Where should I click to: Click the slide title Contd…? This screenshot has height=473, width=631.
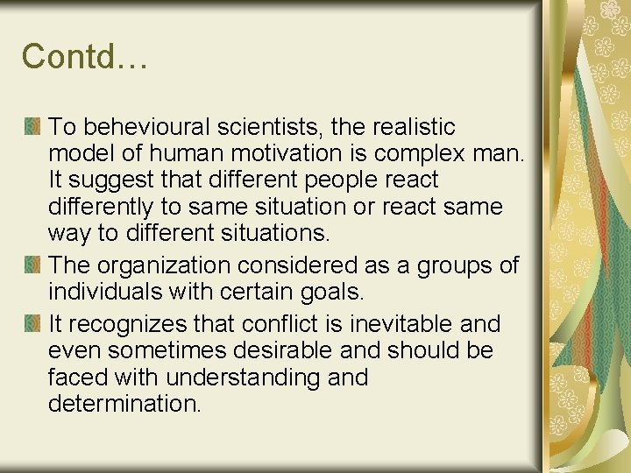click(85, 57)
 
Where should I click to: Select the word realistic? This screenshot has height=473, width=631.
click(408, 127)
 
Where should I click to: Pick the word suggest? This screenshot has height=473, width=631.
click(106, 180)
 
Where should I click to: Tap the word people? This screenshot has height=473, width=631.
click(325, 180)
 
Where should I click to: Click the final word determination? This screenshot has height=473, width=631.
click(125, 405)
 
